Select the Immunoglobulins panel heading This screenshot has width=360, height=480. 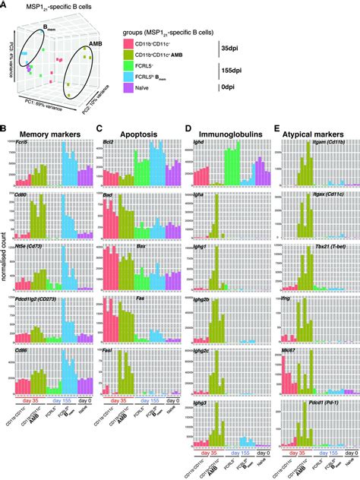tap(225, 133)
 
